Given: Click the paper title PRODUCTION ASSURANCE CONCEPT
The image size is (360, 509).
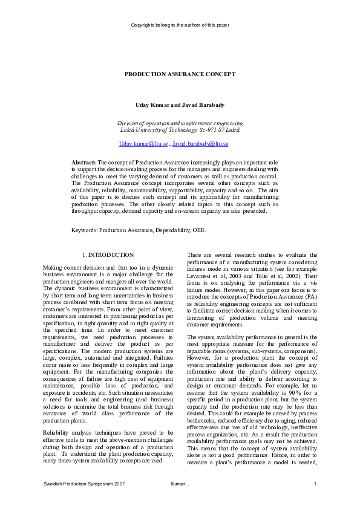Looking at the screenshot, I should click(x=180, y=74).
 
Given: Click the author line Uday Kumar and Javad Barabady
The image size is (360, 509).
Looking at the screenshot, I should click(x=180, y=105).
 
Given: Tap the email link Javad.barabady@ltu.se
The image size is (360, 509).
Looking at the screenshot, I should click(x=200, y=144).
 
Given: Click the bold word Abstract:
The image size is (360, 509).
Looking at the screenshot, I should click(x=83, y=163).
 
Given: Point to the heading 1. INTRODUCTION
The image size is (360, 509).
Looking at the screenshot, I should click(x=108, y=255).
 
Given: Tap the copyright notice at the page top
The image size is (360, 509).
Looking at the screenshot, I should click(x=180, y=25).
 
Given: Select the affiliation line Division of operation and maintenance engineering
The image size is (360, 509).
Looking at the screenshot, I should click(x=180, y=123).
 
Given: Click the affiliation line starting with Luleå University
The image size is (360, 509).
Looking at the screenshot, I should click(x=180, y=129).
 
